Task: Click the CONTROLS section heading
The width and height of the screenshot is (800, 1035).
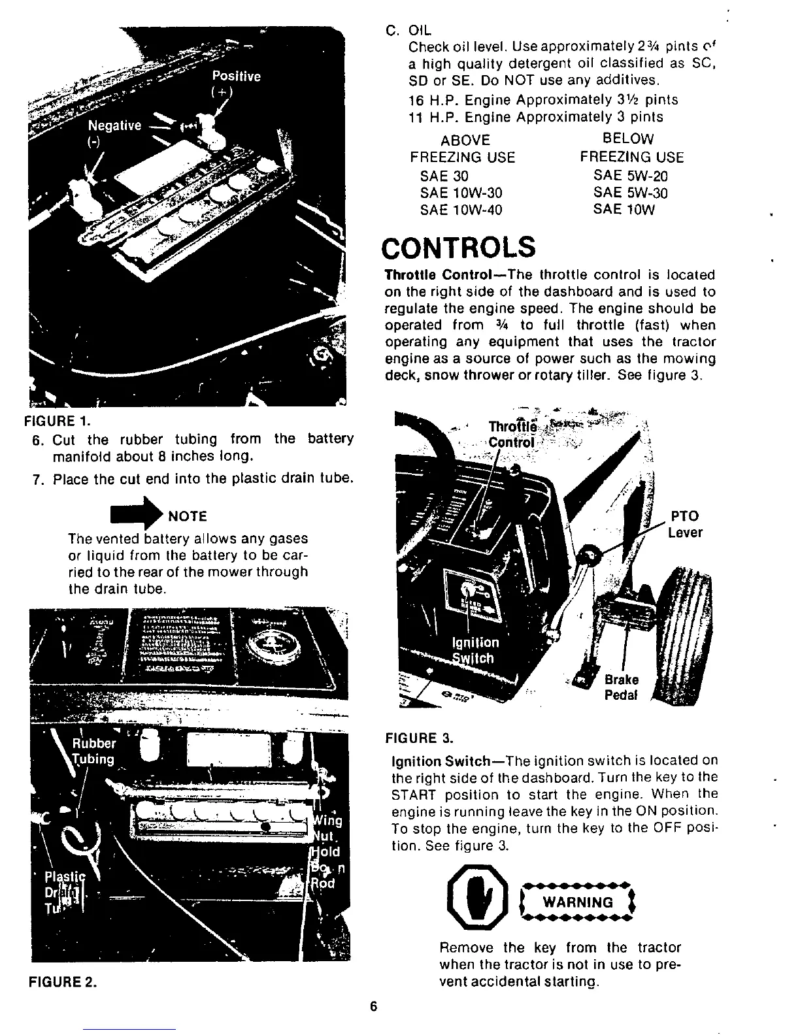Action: [459, 248]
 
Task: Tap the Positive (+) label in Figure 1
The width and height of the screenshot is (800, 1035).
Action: [236, 83]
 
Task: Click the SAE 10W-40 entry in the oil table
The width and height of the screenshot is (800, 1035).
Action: [461, 210]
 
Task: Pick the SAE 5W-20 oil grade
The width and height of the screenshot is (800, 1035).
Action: [631, 176]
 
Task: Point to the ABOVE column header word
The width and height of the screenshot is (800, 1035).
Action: [465, 140]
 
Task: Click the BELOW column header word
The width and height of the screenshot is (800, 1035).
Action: [627, 139]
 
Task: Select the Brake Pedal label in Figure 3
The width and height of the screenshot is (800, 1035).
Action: [621, 687]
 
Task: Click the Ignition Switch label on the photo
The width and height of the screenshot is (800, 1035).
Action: [475, 650]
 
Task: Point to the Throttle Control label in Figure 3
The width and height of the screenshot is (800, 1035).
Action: [512, 434]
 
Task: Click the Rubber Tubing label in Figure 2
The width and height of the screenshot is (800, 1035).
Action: [93, 751]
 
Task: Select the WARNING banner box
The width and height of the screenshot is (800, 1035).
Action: [576, 902]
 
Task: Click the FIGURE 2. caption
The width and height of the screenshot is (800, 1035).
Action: [63, 983]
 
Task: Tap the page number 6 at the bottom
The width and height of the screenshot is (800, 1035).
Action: [374, 1006]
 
